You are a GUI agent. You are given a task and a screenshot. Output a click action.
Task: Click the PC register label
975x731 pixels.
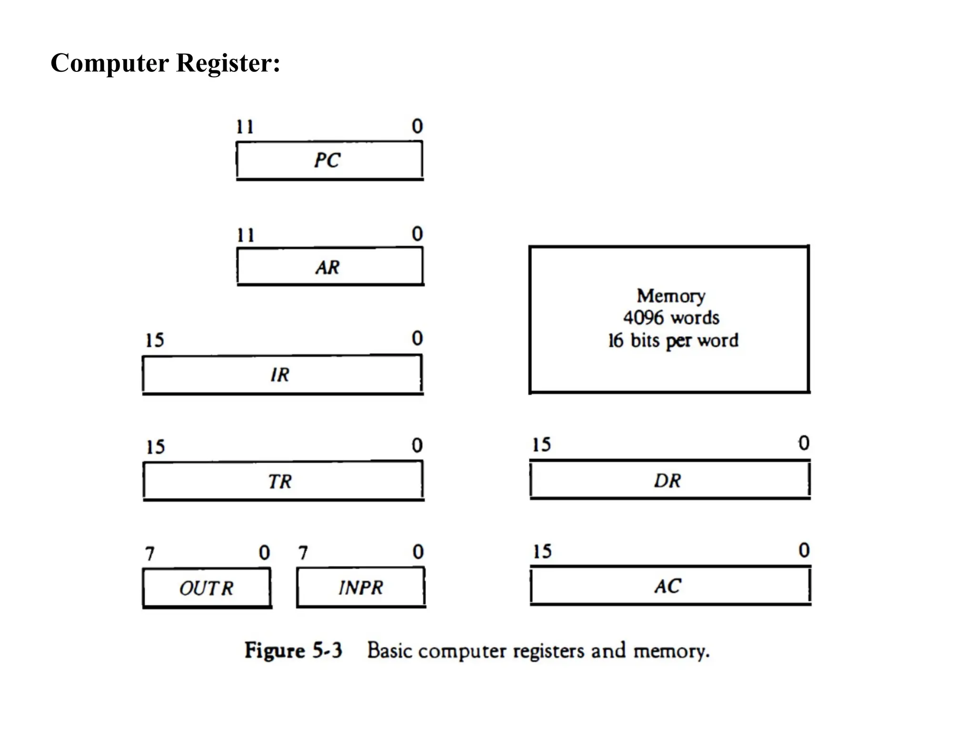pos(327,160)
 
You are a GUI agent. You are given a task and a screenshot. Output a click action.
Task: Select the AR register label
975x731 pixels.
pos(328,267)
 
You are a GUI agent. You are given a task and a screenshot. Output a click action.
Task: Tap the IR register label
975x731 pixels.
pos(280,375)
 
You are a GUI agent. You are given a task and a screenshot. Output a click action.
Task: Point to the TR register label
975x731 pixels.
pos(279,482)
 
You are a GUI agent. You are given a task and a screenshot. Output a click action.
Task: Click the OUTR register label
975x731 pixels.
pos(206,589)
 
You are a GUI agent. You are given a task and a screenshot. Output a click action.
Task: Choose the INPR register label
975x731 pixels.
pos(361,588)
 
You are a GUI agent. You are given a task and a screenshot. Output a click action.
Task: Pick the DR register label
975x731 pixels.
pos(667,481)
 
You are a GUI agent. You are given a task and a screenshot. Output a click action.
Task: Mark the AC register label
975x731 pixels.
pos(668,586)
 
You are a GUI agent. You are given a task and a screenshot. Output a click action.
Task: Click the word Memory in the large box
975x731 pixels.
pos(671,296)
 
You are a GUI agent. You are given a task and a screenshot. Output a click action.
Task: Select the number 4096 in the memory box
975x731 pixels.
pos(643,318)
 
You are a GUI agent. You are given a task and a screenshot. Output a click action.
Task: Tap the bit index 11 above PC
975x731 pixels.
pos(245,127)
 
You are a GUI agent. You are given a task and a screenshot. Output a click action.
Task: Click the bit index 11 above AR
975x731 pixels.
pos(246,235)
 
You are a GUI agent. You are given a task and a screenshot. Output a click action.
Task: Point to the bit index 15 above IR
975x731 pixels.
pos(154,341)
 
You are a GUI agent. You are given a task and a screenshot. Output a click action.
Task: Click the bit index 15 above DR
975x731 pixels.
pos(541,445)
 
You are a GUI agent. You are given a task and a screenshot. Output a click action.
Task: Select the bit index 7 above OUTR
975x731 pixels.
pos(150,554)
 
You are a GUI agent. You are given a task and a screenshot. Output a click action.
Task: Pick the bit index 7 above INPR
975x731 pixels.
pos(303,553)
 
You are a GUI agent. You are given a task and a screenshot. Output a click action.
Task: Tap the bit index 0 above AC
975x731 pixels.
pos(804,551)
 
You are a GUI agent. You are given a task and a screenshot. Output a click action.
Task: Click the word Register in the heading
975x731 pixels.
pos(228,63)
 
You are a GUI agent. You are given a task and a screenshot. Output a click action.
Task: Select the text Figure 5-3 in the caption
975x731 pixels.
pos(293,651)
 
